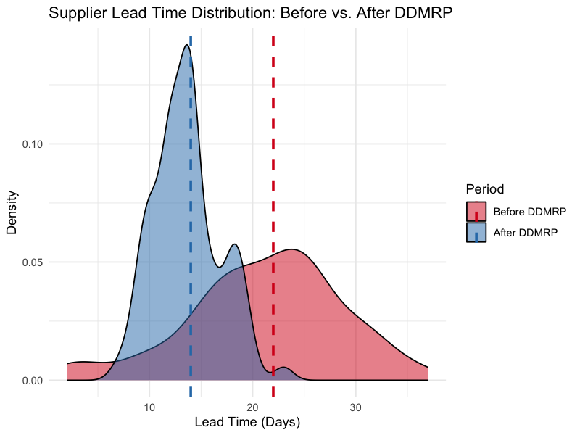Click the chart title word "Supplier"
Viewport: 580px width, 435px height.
pos(77,14)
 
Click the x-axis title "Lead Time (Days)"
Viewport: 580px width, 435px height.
pos(248,421)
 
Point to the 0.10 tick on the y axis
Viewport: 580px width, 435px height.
pos(31,144)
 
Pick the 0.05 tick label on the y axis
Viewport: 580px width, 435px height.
pos(31,262)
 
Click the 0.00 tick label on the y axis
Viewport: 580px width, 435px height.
pos(31,380)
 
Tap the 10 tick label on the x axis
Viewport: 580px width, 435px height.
pos(149,407)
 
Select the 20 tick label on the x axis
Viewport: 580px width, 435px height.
pos(252,407)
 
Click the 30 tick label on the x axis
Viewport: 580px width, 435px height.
pos(355,407)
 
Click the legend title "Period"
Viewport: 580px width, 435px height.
pos(485,189)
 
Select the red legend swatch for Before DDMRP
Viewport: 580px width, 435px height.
pos(476,212)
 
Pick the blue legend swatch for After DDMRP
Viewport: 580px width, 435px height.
pos(476,232)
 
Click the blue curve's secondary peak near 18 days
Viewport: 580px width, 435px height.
pos(234,244)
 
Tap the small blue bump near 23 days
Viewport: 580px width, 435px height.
pos(283,368)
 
